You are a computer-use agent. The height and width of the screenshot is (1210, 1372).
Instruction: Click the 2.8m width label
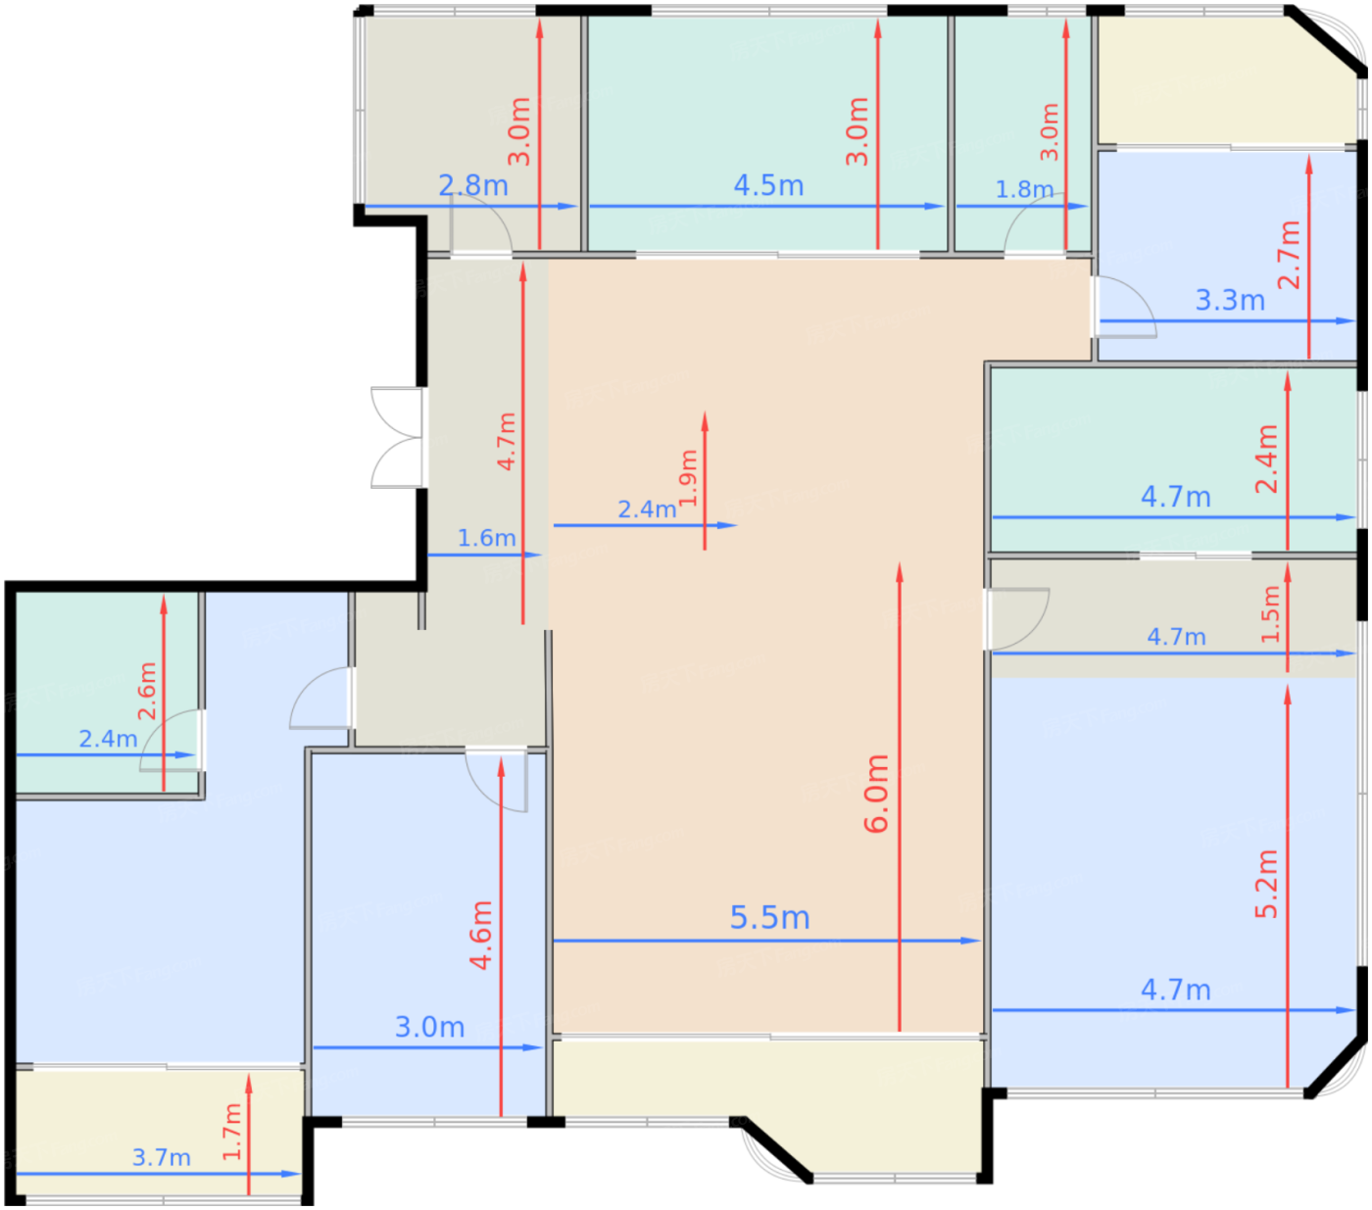click(472, 185)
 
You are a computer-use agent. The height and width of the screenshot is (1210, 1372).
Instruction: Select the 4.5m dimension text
click(768, 185)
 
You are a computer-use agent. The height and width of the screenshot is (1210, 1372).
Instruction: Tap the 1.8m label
click(1024, 190)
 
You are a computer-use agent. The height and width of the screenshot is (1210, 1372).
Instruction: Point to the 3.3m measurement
click(1230, 300)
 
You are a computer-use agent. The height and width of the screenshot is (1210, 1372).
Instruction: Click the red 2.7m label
click(1289, 255)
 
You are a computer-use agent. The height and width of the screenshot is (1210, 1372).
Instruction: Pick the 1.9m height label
click(687, 478)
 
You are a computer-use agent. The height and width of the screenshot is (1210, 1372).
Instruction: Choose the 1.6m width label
click(486, 538)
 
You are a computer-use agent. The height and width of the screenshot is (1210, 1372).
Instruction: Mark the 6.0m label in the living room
click(875, 793)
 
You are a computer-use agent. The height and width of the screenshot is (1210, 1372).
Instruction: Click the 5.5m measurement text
click(769, 917)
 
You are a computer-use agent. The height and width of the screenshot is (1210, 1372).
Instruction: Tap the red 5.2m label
click(1266, 884)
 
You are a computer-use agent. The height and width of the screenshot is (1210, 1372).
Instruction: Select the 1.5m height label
click(1270, 614)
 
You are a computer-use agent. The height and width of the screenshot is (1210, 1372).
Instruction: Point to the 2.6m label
click(146, 691)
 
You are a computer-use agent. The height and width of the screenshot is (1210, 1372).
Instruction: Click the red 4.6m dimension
click(480, 935)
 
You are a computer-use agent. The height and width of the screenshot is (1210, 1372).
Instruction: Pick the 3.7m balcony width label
click(161, 1157)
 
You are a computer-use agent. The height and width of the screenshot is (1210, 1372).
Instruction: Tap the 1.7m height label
click(231, 1132)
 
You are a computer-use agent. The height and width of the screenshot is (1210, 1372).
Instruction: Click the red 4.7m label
click(506, 442)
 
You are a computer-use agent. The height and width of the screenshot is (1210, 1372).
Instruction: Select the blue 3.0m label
click(429, 1027)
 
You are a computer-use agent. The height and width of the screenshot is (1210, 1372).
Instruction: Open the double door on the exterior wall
click(398, 437)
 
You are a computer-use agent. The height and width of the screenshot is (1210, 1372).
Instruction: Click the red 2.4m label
click(1266, 459)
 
